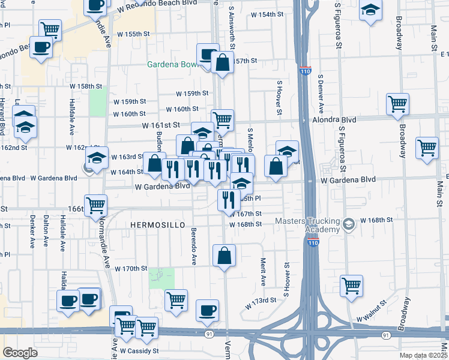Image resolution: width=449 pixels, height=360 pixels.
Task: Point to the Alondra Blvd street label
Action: click(x=334, y=120)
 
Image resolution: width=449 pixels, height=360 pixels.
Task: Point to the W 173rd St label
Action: click(x=261, y=303)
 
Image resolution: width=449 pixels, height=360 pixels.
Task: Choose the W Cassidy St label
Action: click(x=139, y=350)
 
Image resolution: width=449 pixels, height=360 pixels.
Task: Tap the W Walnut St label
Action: click(x=374, y=314)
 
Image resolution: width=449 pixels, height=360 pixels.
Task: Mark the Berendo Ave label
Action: click(x=194, y=246)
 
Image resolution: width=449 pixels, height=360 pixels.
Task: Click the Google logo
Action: click(x=20, y=352)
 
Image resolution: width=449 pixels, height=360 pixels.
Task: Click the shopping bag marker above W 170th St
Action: click(x=224, y=256)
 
